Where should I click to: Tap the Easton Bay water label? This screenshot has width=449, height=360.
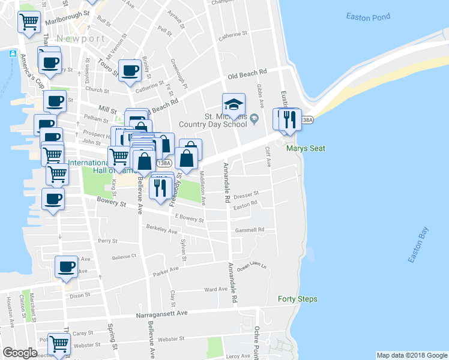418,245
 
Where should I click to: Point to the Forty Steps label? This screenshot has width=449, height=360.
298,299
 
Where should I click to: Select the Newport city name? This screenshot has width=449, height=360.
88,38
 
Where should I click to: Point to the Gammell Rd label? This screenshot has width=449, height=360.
250,230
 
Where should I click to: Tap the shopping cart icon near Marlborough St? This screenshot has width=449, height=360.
29,22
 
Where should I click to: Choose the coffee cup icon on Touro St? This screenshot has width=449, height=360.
130,70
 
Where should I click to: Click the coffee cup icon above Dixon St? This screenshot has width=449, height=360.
66,266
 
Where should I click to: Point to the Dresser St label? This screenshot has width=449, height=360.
246,194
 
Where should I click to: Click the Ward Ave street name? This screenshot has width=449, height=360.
215,289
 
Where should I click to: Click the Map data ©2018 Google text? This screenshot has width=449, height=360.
411,355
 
